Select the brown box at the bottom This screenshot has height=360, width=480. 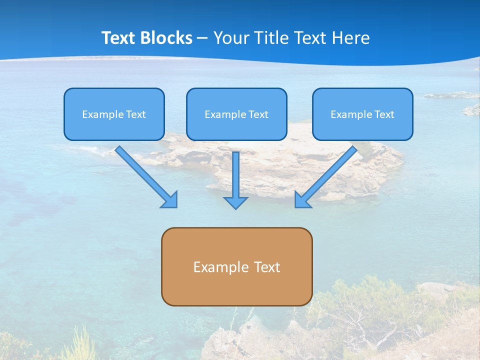(236, 287)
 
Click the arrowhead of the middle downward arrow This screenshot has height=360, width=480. (235, 202)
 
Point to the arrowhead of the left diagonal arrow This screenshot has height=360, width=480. (170, 200)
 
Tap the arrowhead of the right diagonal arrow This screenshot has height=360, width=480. (301, 200)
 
